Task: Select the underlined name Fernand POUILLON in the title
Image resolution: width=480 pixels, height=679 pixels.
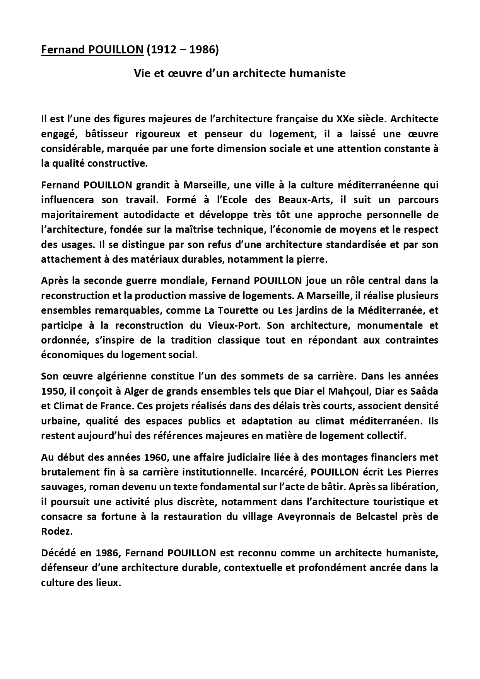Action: point(92,50)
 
